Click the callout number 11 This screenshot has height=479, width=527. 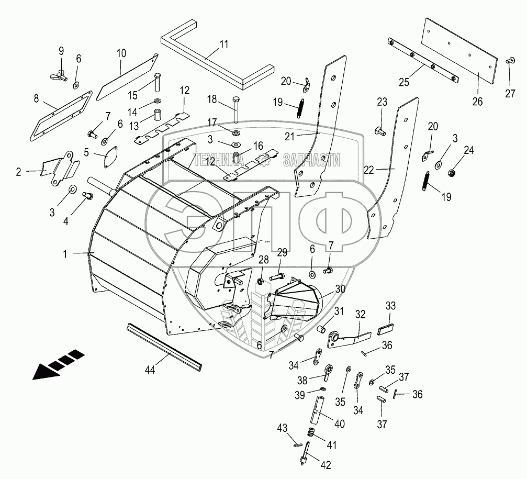tap(224, 44)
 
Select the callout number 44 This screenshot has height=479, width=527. tap(150, 370)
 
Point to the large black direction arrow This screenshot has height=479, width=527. tap(58, 365)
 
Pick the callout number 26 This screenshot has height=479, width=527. tap(477, 101)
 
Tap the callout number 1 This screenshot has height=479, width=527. tap(65, 254)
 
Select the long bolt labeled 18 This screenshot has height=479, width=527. tap(234, 109)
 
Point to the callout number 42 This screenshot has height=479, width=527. tap(326, 465)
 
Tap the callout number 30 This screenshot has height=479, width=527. tap(340, 289)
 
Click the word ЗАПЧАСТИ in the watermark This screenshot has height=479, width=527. tap(311, 160)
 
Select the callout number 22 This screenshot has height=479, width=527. tap(369, 170)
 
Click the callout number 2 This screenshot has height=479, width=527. tap(18, 172)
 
